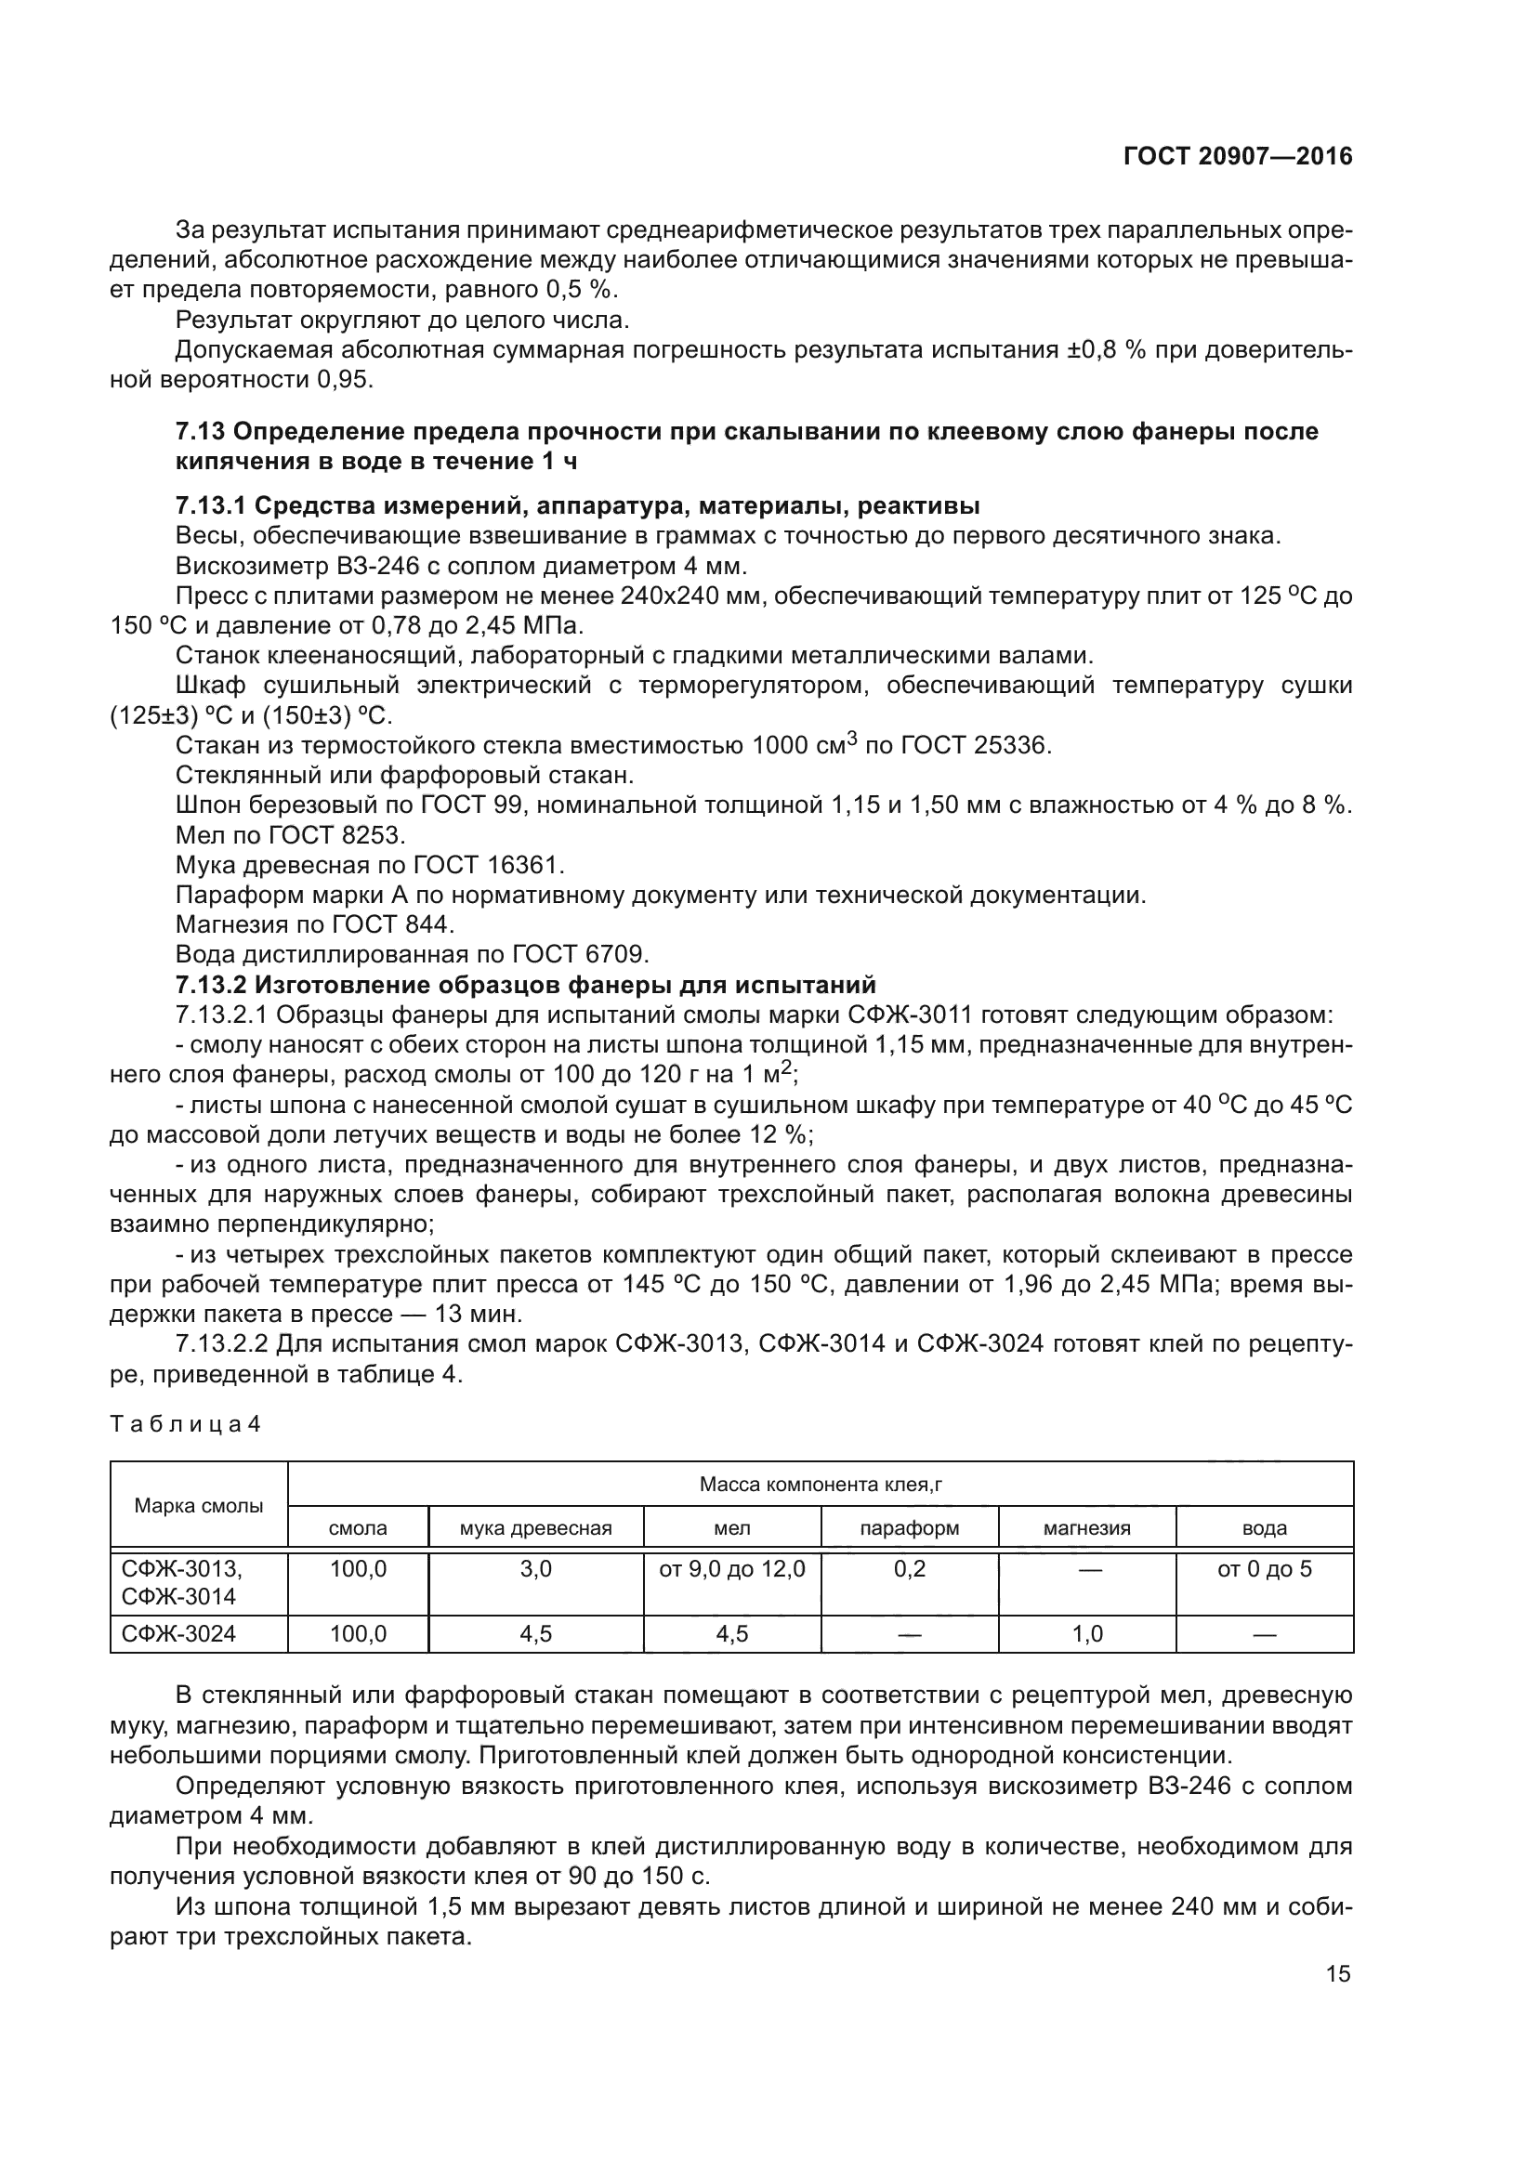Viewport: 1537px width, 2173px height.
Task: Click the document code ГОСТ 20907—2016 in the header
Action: click(1237, 157)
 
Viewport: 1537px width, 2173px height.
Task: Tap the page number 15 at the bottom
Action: click(1337, 1974)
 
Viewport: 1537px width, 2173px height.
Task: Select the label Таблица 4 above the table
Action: click(185, 1425)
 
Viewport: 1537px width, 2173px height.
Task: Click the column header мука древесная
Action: click(535, 1528)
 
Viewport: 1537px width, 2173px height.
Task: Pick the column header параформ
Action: click(909, 1528)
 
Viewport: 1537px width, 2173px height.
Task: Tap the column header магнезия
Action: click(1086, 1528)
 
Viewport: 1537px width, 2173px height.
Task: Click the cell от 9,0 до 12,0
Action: click(731, 1570)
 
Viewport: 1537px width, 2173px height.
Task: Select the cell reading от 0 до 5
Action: click(1264, 1570)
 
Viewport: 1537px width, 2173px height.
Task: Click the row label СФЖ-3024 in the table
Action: click(177, 1634)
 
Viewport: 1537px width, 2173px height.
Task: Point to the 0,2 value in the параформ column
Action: click(909, 1570)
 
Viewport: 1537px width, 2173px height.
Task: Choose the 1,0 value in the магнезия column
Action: click(1086, 1634)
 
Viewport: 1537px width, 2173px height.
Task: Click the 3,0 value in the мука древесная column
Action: click(535, 1570)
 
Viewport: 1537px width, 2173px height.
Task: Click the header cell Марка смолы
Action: click(199, 1507)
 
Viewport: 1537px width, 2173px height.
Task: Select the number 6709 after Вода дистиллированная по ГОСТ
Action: click(616, 954)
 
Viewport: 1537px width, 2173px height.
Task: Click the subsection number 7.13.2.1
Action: click(221, 1015)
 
